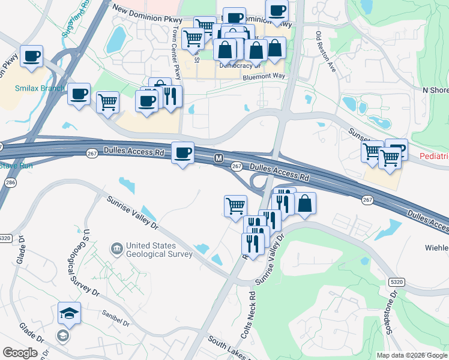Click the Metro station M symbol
219,158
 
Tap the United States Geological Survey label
159,250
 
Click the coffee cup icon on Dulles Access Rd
183,153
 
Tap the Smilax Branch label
40,88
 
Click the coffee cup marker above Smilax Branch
31,57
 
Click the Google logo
20,353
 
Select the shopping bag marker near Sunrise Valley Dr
305,204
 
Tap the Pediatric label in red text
433,156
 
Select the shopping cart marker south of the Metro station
235,206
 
